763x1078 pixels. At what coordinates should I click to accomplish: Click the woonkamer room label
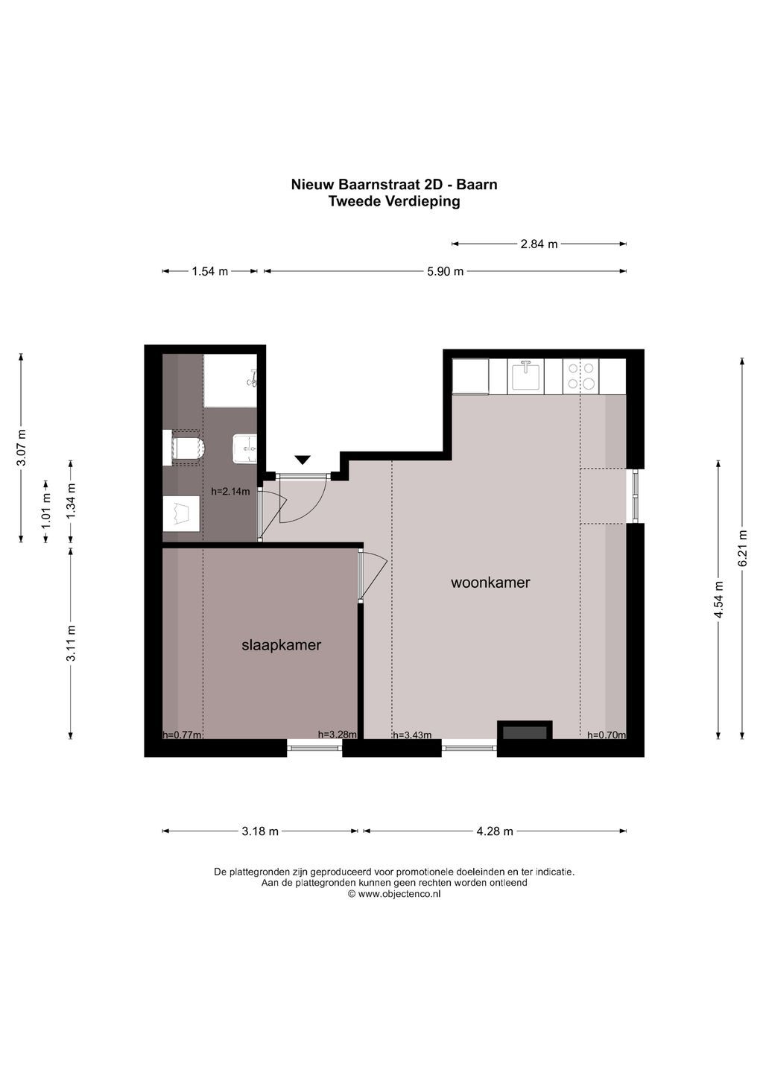pyautogui.click(x=490, y=583)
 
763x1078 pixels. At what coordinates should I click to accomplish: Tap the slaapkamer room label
pyautogui.click(x=281, y=645)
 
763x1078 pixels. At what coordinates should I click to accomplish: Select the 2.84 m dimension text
pyautogui.click(x=539, y=244)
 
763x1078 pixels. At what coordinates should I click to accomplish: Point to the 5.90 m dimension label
pyautogui.click(x=446, y=271)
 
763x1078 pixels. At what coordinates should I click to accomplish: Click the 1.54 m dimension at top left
pyautogui.click(x=210, y=271)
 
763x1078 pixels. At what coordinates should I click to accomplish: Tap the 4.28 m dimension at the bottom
pyautogui.click(x=495, y=831)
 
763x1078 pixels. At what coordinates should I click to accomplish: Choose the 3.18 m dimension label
pyautogui.click(x=260, y=831)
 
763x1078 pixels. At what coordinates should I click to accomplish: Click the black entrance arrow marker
pyautogui.click(x=303, y=460)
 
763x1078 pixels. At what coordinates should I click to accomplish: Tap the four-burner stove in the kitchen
pyautogui.click(x=581, y=376)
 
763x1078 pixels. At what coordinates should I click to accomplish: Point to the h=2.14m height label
pyautogui.click(x=230, y=492)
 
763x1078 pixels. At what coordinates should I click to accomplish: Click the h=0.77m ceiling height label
pyautogui.click(x=182, y=735)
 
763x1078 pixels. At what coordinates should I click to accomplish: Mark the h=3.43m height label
pyautogui.click(x=412, y=735)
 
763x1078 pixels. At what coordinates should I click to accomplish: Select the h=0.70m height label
pyautogui.click(x=607, y=735)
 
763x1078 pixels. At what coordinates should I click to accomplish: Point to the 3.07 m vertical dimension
pyautogui.click(x=22, y=448)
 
